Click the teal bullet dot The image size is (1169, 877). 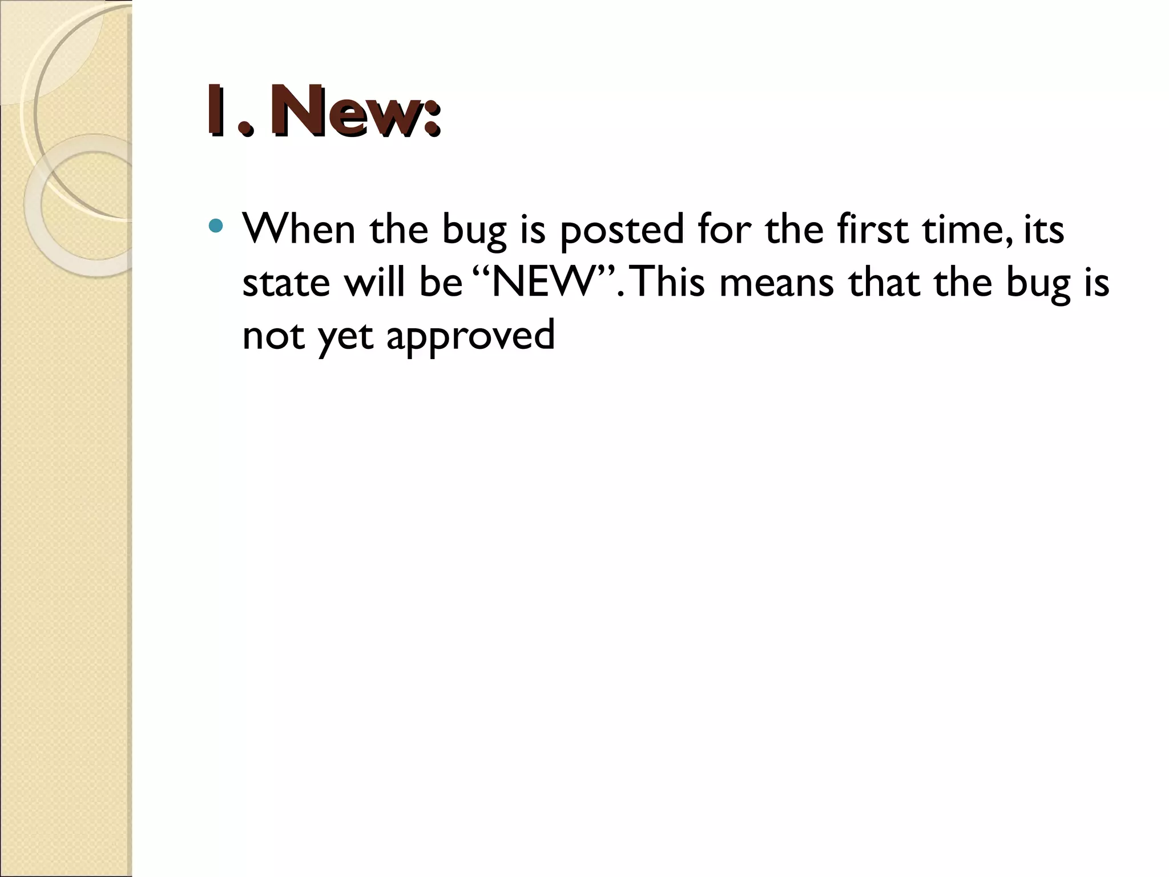click(x=216, y=226)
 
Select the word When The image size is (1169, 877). click(x=299, y=228)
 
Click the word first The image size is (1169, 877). click(x=872, y=228)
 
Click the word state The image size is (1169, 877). click(x=286, y=283)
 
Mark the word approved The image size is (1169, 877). click(x=470, y=336)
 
